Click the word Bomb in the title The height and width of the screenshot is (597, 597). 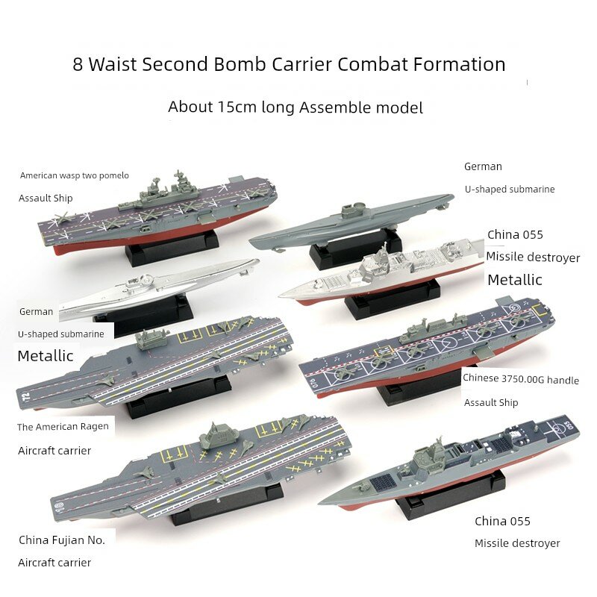tap(240, 64)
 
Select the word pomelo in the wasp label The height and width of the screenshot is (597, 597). tap(114, 175)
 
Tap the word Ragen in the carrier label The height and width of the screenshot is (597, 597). tap(94, 426)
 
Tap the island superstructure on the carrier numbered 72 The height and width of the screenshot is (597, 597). tap(151, 340)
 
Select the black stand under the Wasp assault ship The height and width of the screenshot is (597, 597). tap(172, 249)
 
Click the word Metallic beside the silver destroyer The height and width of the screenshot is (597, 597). tap(515, 280)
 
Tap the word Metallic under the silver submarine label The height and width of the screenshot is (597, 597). tap(46, 356)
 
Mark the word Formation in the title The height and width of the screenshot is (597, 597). tap(460, 64)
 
